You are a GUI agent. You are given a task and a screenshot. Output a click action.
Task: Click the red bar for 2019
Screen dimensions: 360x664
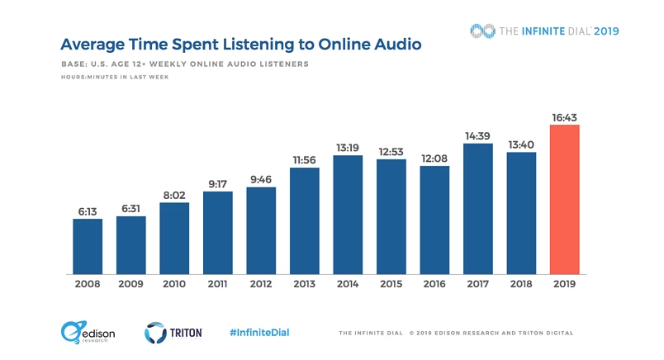click(564, 199)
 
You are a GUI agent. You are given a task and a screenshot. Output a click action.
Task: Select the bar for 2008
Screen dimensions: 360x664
click(88, 246)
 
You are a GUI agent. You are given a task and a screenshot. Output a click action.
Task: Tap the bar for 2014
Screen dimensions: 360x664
click(348, 215)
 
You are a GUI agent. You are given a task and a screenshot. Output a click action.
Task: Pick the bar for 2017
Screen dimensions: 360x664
click(477, 209)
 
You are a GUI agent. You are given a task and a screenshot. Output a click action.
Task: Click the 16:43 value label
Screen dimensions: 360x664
click(564, 117)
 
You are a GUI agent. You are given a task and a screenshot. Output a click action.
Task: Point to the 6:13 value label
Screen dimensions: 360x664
click(88, 211)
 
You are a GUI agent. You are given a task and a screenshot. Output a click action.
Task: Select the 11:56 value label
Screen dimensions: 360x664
click(304, 160)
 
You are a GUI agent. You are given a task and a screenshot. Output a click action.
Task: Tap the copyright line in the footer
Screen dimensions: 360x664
click(456, 333)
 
